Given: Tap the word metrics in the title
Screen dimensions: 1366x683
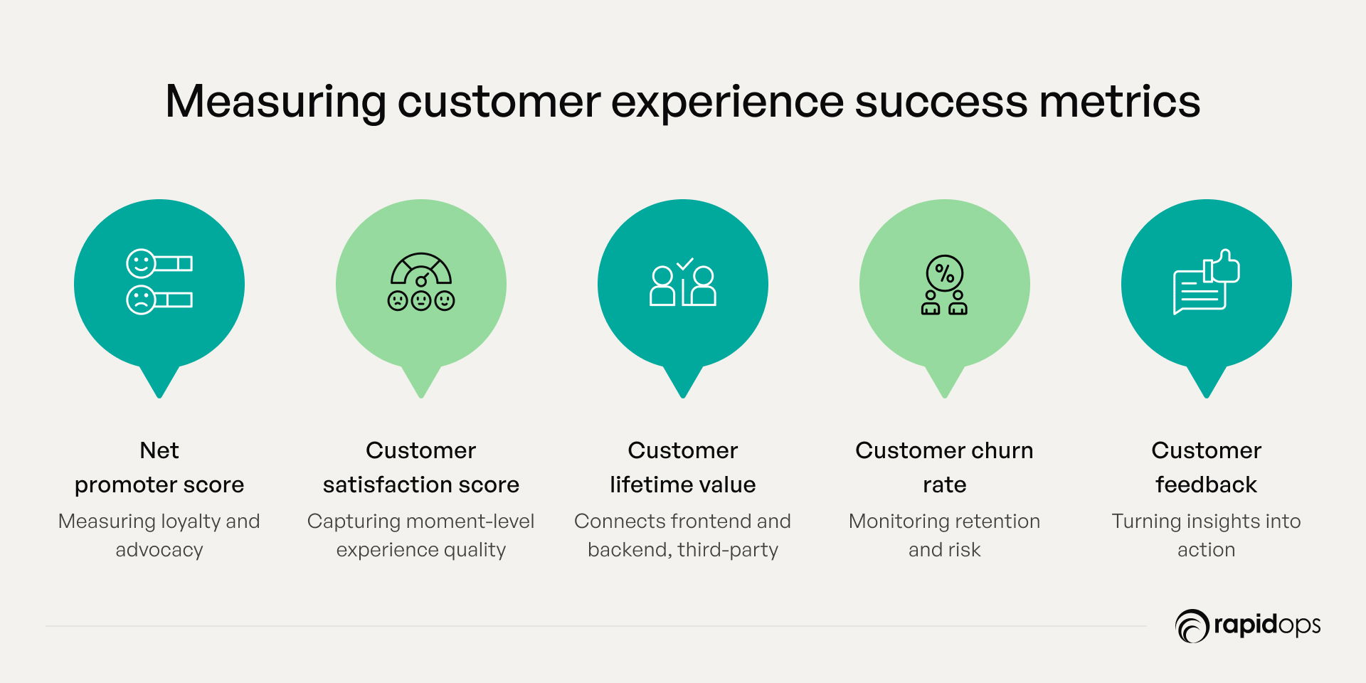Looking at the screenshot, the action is click(1120, 102).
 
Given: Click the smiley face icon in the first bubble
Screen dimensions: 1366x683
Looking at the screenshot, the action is click(140, 263).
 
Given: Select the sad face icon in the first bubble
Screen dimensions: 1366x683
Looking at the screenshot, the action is click(140, 300).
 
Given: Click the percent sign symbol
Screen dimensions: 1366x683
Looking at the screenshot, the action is click(945, 273).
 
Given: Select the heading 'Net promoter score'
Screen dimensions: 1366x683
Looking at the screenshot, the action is click(159, 467).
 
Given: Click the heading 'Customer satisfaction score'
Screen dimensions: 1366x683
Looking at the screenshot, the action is click(421, 467).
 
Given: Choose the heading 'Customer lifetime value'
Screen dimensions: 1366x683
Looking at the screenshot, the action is click(683, 467).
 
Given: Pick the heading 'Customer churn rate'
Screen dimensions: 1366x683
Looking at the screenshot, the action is click(944, 467).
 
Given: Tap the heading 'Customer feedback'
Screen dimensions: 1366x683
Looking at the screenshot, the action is click(1207, 467).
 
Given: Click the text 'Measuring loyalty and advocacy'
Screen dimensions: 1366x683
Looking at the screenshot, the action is click(159, 535).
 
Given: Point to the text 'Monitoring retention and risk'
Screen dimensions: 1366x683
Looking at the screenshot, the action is click(944, 535).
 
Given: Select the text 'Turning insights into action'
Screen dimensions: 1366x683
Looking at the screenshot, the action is click(1207, 535).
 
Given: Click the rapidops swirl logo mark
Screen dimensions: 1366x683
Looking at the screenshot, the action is click(1192, 626).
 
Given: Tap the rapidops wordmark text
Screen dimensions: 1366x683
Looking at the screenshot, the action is click(1267, 625).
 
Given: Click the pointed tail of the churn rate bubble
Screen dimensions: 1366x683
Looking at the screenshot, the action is click(945, 396).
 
